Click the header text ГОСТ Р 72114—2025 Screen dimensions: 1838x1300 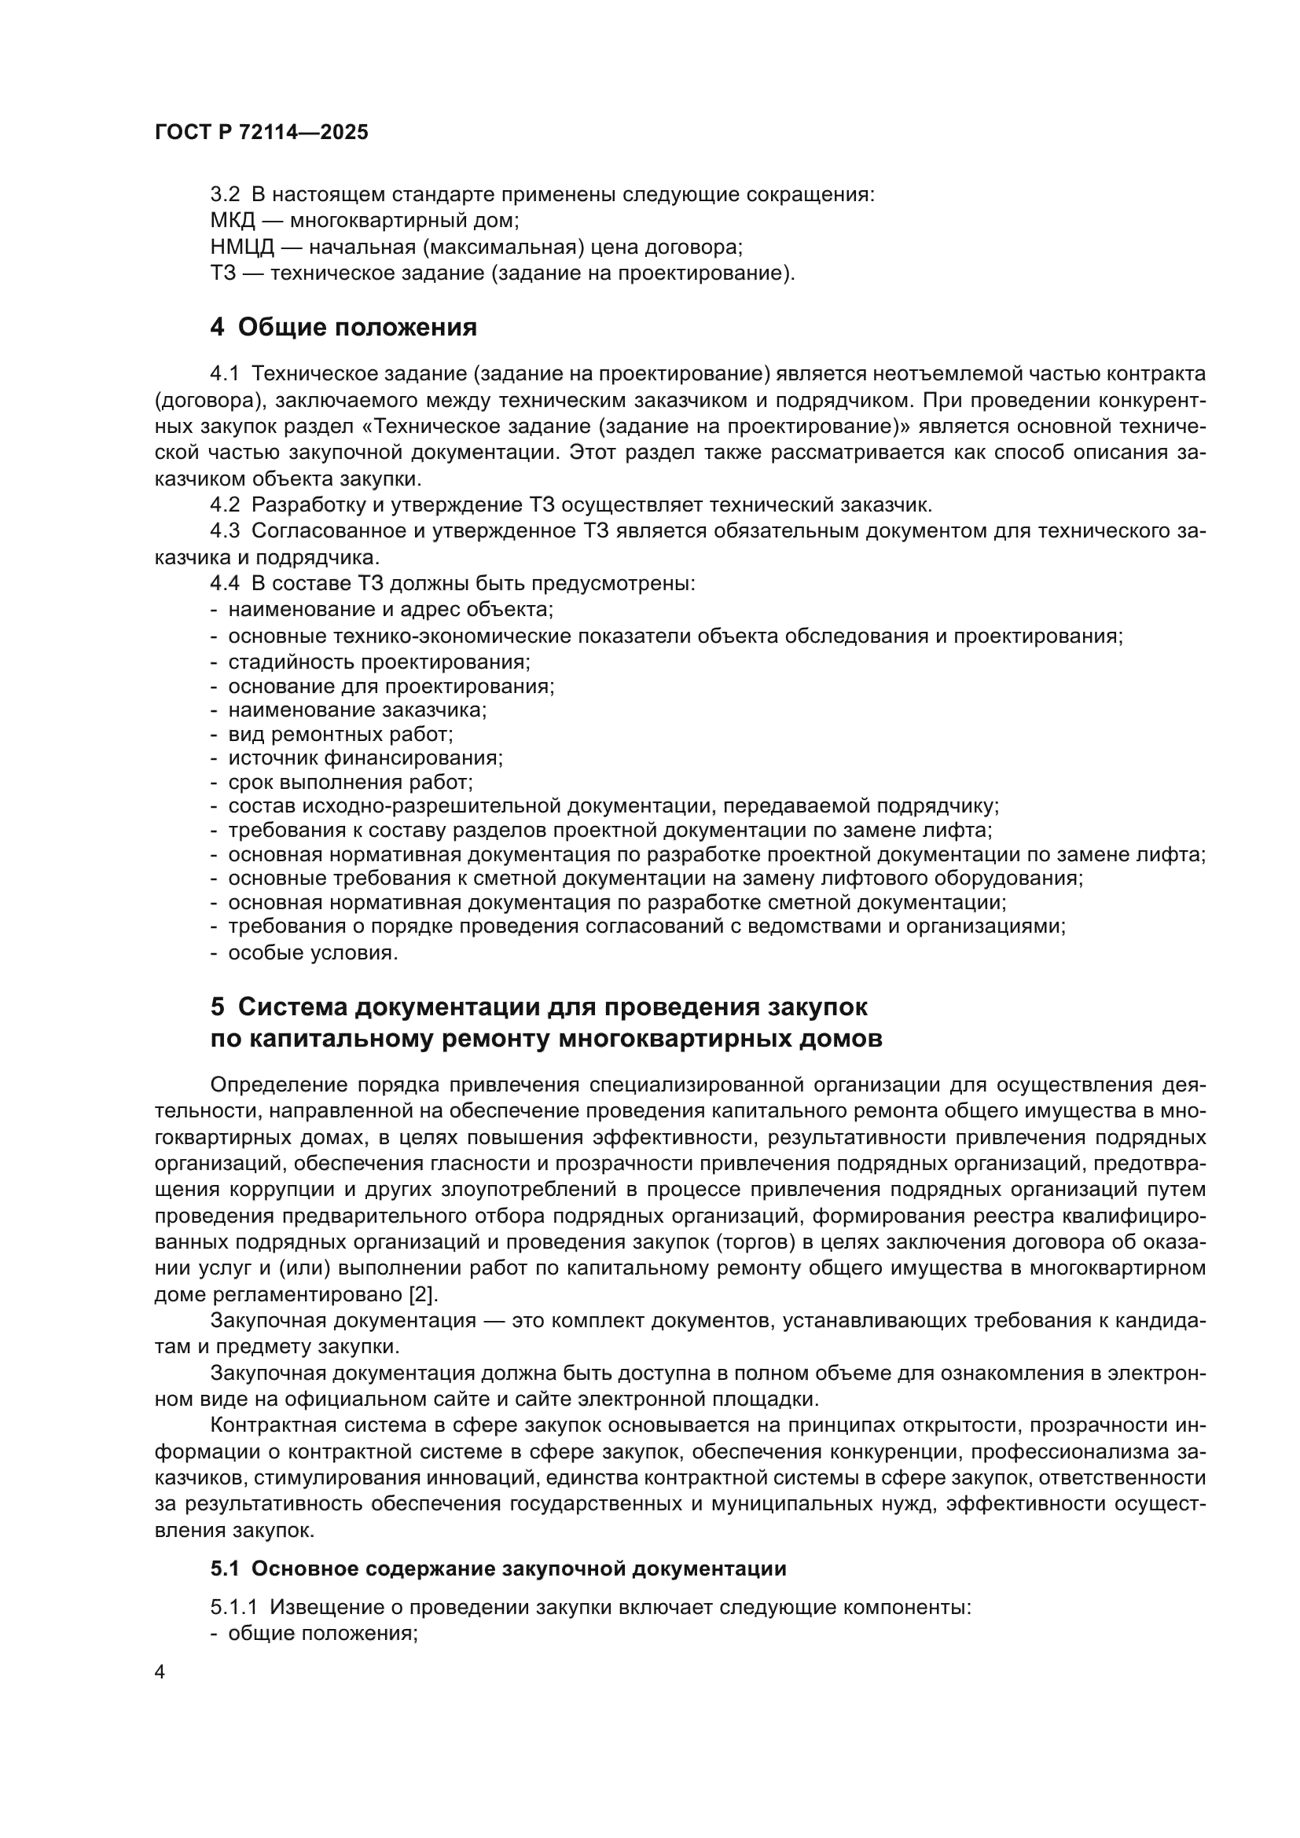click(261, 133)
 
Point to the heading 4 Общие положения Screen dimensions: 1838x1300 click(343, 328)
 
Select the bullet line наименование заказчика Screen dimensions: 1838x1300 click(357, 710)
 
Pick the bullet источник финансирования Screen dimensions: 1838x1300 click(365, 758)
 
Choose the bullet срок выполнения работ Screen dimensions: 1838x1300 click(350, 782)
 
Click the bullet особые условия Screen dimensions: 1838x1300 click(312, 953)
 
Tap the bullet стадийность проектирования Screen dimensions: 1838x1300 click(379, 662)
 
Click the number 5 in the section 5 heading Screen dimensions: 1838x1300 click(218, 1007)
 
